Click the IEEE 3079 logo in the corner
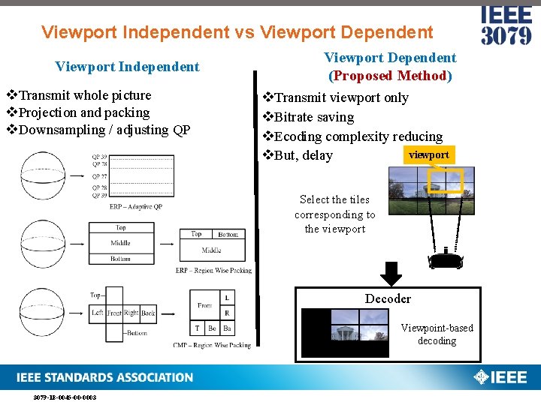506,25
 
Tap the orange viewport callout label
428,155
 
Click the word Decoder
388,298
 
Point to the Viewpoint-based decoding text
437,334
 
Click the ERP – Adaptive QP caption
135,206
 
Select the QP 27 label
99,176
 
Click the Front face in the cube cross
113,313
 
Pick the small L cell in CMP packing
228,298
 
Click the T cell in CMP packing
198,328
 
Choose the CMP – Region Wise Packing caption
212,346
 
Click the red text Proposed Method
390,76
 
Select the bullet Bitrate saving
313,117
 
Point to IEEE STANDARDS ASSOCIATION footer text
106,377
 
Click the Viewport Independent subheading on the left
127,67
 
